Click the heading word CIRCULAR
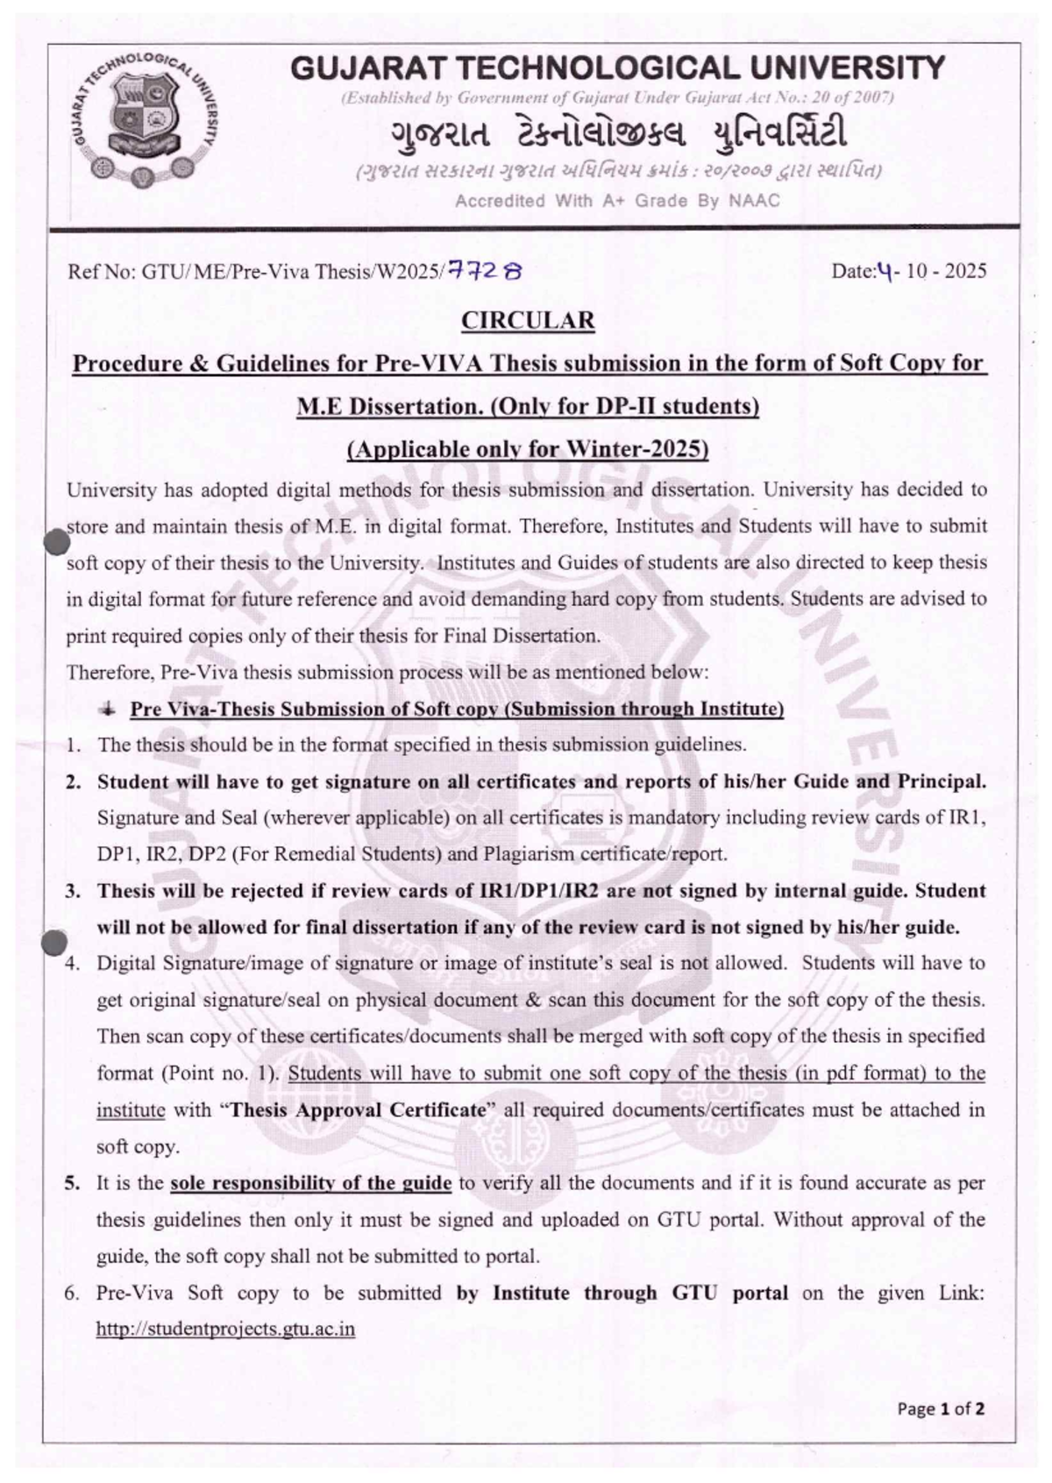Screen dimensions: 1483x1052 [528, 320]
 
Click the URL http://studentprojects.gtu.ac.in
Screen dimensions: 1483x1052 [225, 1329]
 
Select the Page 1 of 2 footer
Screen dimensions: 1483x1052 [941, 1409]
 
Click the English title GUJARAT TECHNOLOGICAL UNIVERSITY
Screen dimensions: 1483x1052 [617, 68]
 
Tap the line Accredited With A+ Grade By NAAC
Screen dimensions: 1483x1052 [617, 201]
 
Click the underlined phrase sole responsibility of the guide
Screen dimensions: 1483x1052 [310, 1183]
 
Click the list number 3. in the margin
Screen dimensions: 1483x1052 [73, 891]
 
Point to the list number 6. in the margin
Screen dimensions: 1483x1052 [73, 1293]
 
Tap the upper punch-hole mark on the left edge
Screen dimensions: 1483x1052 [56, 542]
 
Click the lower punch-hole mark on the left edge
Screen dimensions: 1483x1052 [54, 943]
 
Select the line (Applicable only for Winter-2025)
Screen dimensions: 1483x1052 [528, 449]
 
